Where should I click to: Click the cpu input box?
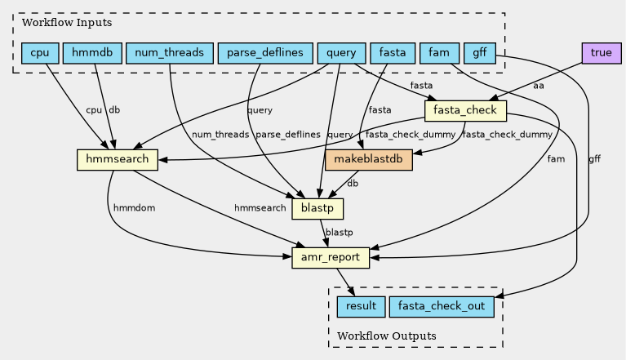click(x=40, y=53)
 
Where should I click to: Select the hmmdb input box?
click(x=92, y=53)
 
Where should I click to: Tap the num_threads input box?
click(x=169, y=53)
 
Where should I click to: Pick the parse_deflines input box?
click(x=265, y=53)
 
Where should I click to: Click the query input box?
click(x=341, y=53)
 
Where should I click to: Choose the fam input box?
click(x=439, y=53)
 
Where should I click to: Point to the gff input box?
click(x=479, y=53)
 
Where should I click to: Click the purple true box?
click(x=602, y=53)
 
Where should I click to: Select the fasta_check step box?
click(x=465, y=110)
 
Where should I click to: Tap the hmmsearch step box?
click(x=118, y=160)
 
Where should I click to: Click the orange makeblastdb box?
click(x=368, y=160)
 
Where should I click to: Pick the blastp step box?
click(x=317, y=209)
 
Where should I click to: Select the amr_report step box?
click(x=331, y=258)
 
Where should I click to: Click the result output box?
click(x=361, y=307)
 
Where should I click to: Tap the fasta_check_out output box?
click(x=442, y=307)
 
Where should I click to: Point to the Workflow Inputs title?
click(x=67, y=23)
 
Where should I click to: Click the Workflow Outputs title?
click(x=387, y=336)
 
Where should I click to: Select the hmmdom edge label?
click(x=134, y=208)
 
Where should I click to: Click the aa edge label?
click(x=538, y=86)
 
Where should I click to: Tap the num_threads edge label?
click(x=220, y=135)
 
